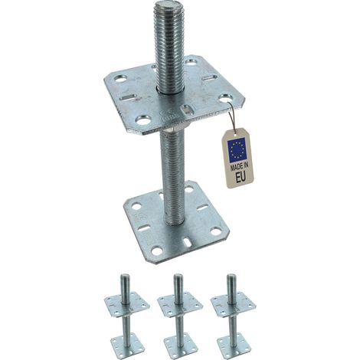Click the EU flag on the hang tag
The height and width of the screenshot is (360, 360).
(237, 150)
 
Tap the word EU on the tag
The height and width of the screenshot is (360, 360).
(241, 178)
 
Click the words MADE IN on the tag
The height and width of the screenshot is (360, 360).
(240, 167)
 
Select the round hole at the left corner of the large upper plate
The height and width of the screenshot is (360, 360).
(121, 79)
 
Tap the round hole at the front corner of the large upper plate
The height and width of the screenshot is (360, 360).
(142, 119)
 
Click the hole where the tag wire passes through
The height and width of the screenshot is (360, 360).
(226, 98)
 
